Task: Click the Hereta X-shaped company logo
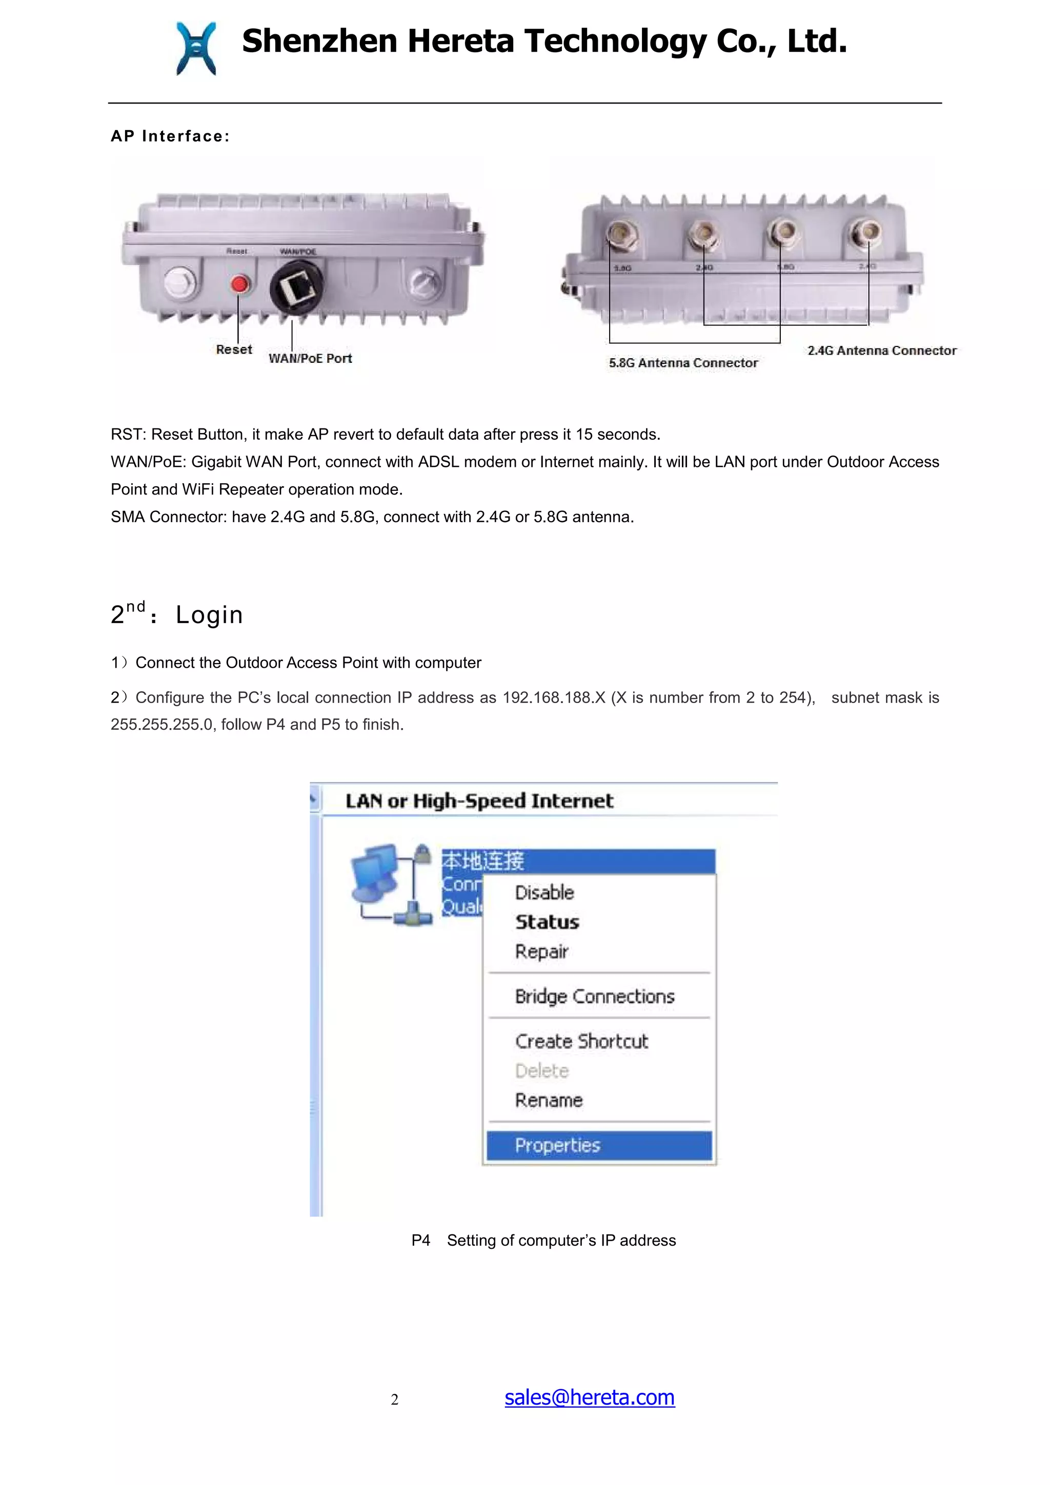click(195, 49)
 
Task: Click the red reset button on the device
click(240, 283)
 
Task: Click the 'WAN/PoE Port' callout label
click(310, 358)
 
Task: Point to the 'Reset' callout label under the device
click(234, 349)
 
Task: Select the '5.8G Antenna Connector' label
click(682, 363)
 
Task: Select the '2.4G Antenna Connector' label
click(881, 350)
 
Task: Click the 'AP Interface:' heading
click(170, 136)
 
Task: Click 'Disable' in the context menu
click(544, 893)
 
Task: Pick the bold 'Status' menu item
click(547, 922)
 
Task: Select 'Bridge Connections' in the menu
click(594, 996)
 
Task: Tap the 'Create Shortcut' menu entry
click(581, 1041)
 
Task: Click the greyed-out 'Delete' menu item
click(541, 1070)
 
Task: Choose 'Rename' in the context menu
click(549, 1100)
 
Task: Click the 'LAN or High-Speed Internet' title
click(479, 801)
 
